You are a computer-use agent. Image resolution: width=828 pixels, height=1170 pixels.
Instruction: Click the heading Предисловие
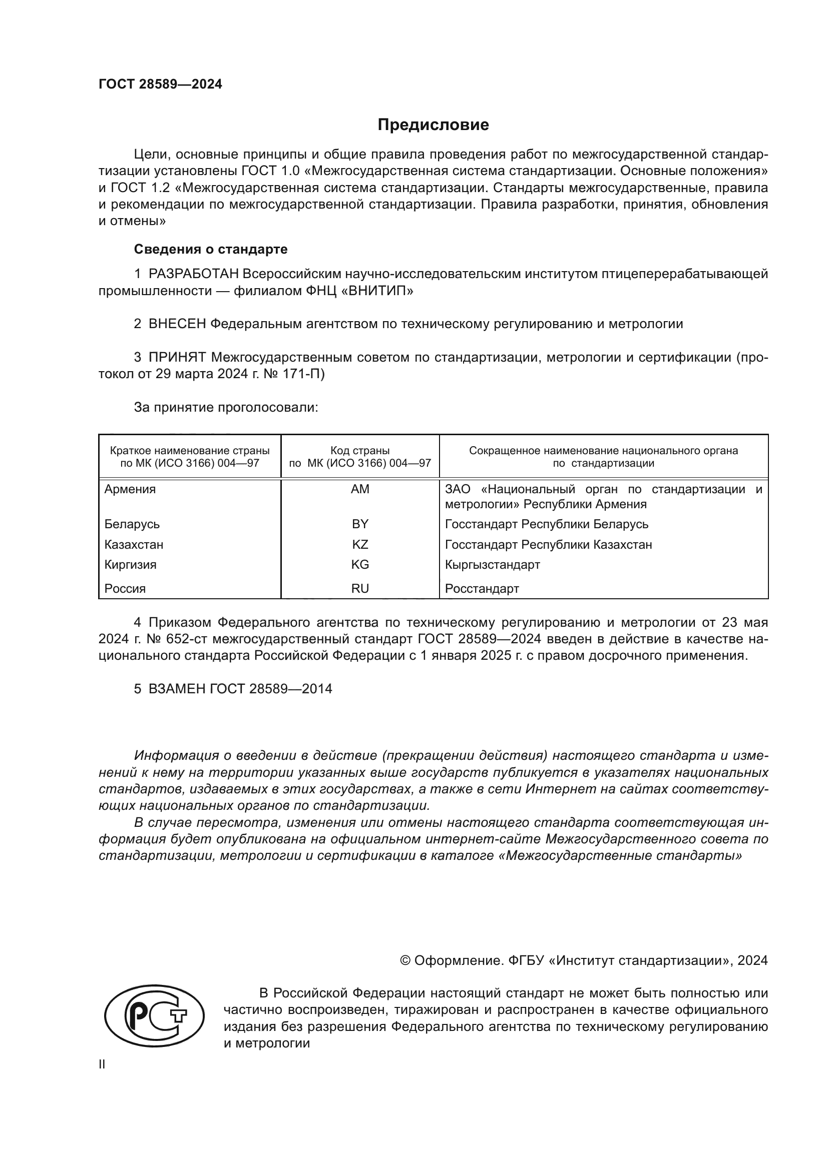433,125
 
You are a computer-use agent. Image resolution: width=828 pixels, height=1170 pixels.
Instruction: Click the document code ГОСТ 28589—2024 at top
160,85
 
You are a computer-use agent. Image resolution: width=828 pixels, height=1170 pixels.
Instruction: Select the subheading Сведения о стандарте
211,249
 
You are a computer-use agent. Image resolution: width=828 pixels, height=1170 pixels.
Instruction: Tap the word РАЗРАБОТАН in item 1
193,274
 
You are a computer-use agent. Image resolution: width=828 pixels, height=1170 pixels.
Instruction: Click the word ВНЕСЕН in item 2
177,324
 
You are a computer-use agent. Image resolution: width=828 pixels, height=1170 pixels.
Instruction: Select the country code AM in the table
359,489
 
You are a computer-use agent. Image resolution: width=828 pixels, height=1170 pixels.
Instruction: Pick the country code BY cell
359,524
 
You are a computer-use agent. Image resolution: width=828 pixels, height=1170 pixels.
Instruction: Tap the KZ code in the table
359,544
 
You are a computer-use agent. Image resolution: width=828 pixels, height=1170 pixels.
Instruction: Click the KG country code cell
359,565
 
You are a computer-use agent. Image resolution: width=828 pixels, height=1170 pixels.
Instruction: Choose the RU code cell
359,589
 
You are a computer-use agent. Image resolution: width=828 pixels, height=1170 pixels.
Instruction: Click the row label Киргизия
131,565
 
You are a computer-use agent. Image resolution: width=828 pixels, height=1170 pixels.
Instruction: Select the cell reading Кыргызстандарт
492,565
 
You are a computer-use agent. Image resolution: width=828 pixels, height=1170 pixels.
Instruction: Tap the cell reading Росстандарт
482,589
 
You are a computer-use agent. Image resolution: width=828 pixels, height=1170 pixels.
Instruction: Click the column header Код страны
359,451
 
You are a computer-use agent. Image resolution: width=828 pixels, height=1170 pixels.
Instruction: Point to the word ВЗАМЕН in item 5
177,689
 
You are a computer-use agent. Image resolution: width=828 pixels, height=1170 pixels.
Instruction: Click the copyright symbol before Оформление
405,960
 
